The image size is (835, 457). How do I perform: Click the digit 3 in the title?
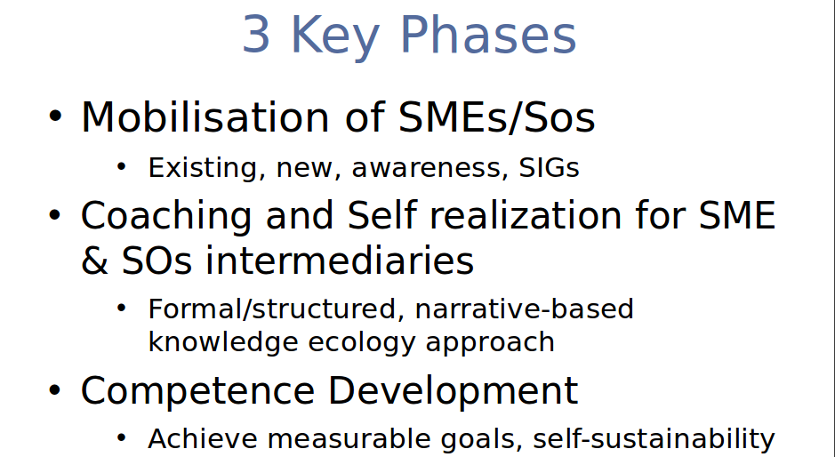click(x=255, y=35)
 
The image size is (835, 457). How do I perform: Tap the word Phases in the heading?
click(x=488, y=35)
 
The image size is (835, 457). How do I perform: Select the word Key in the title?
click(x=335, y=38)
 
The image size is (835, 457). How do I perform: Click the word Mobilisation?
click(x=205, y=116)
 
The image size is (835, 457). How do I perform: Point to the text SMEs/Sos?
click(x=496, y=117)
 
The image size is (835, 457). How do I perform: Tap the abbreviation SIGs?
click(x=549, y=168)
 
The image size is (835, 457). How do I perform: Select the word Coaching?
click(x=166, y=217)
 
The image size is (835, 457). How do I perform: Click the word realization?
click(x=526, y=216)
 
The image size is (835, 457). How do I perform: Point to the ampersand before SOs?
click(x=94, y=261)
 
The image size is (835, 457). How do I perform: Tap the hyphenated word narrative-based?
click(x=524, y=309)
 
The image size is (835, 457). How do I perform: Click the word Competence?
click(x=197, y=391)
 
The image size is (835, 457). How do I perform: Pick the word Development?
click(x=453, y=391)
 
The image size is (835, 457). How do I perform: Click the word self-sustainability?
click(x=654, y=440)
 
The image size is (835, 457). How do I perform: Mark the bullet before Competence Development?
click(x=55, y=390)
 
